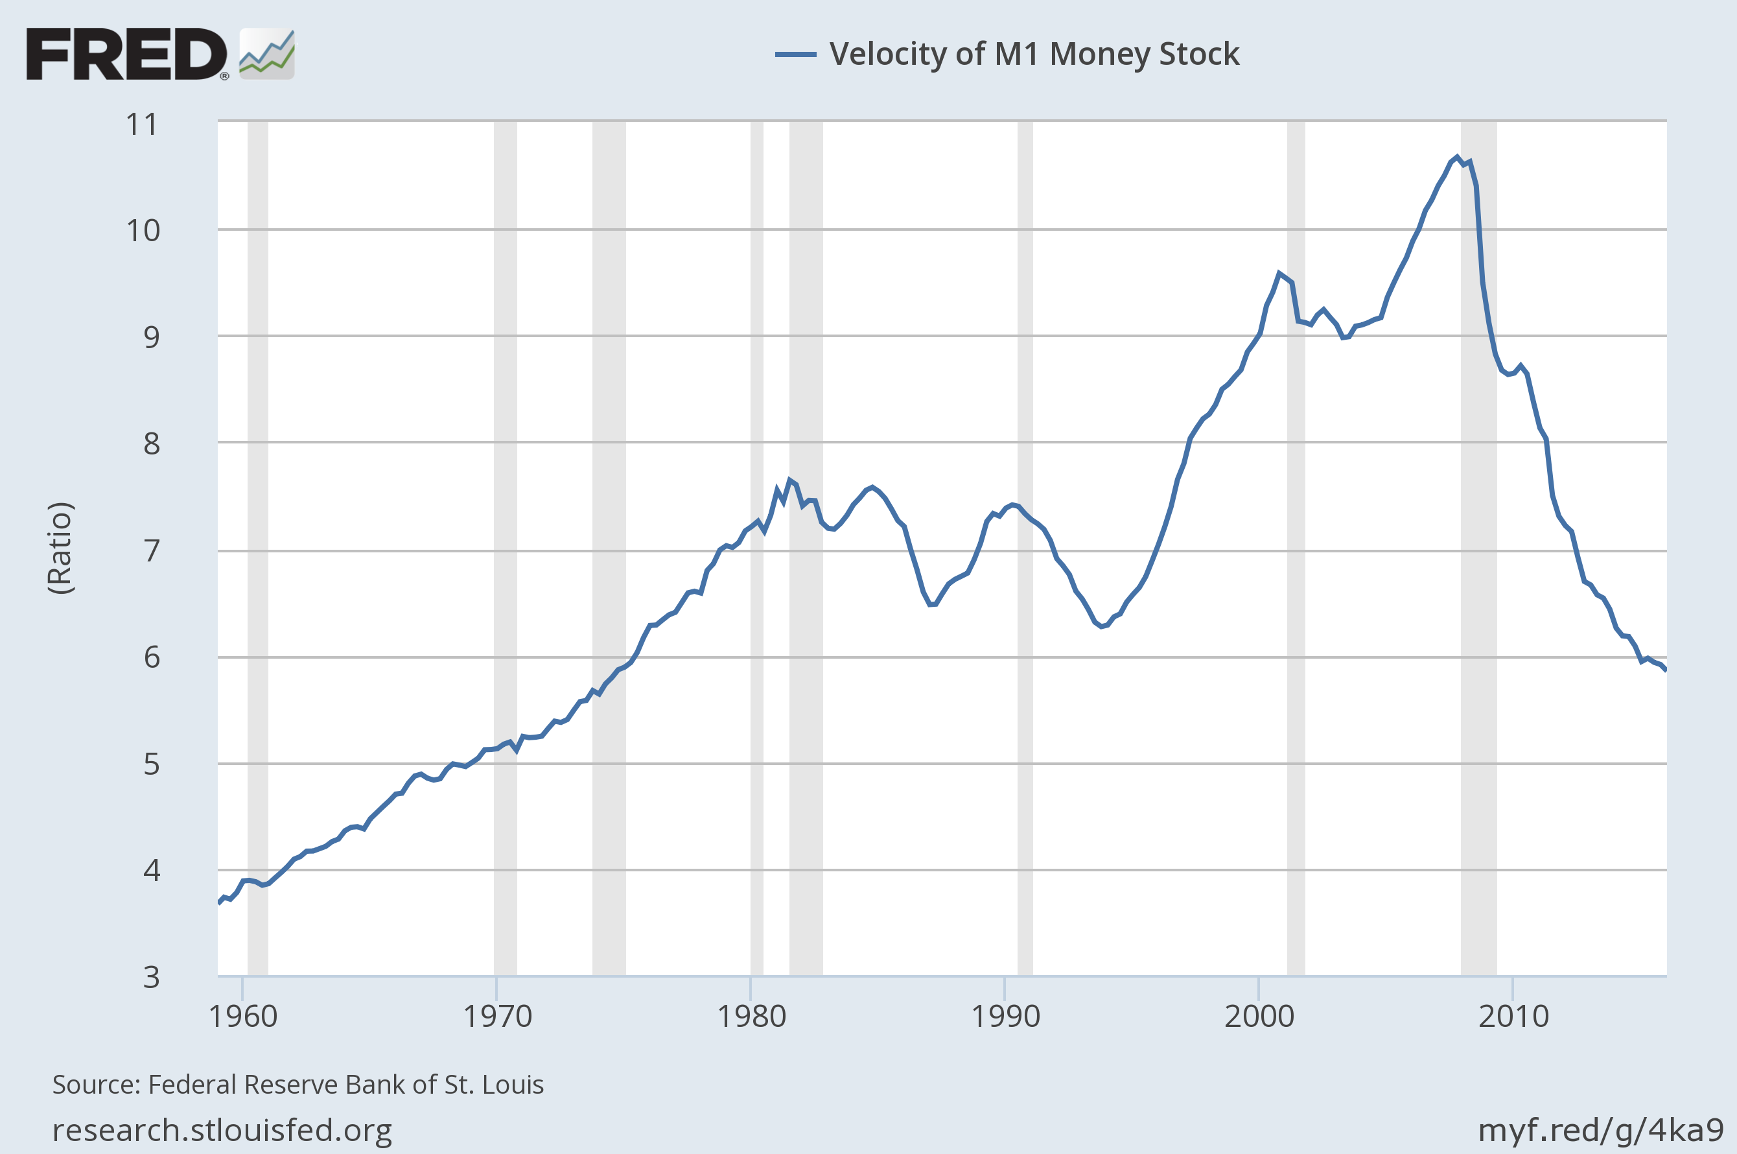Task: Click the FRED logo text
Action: (x=126, y=54)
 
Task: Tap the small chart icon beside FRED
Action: (x=267, y=54)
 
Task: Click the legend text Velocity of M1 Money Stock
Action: (x=1034, y=54)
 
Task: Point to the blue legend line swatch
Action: (x=795, y=54)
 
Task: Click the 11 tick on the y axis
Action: (x=142, y=124)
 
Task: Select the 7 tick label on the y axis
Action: (x=151, y=550)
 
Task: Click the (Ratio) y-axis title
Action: (x=60, y=548)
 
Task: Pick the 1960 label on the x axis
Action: (x=243, y=1017)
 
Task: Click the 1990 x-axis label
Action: (x=1005, y=1017)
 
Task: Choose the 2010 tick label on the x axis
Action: (x=1513, y=1017)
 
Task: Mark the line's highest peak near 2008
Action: (x=1457, y=157)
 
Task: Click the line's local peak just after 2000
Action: (x=1279, y=273)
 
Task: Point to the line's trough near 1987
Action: (x=931, y=604)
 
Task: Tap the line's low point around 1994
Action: (x=1101, y=626)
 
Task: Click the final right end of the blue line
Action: (x=1666, y=669)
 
